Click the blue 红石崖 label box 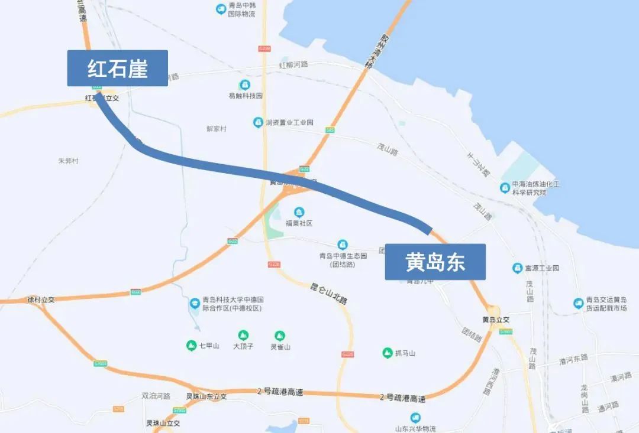point(117,68)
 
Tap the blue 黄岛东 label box point(435,262)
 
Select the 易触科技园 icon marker point(244,85)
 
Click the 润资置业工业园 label point(289,123)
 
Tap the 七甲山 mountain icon point(191,346)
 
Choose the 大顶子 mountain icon point(243,336)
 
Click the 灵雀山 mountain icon point(280,336)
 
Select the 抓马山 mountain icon point(387,353)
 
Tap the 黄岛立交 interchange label point(496,320)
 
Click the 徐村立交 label point(41,299)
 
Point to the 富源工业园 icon point(517,268)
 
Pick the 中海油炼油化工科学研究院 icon point(505,188)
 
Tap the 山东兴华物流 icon point(415,418)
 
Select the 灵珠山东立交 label point(206,396)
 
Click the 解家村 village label point(217,128)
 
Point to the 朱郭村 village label point(68,161)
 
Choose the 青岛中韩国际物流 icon point(221,9)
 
